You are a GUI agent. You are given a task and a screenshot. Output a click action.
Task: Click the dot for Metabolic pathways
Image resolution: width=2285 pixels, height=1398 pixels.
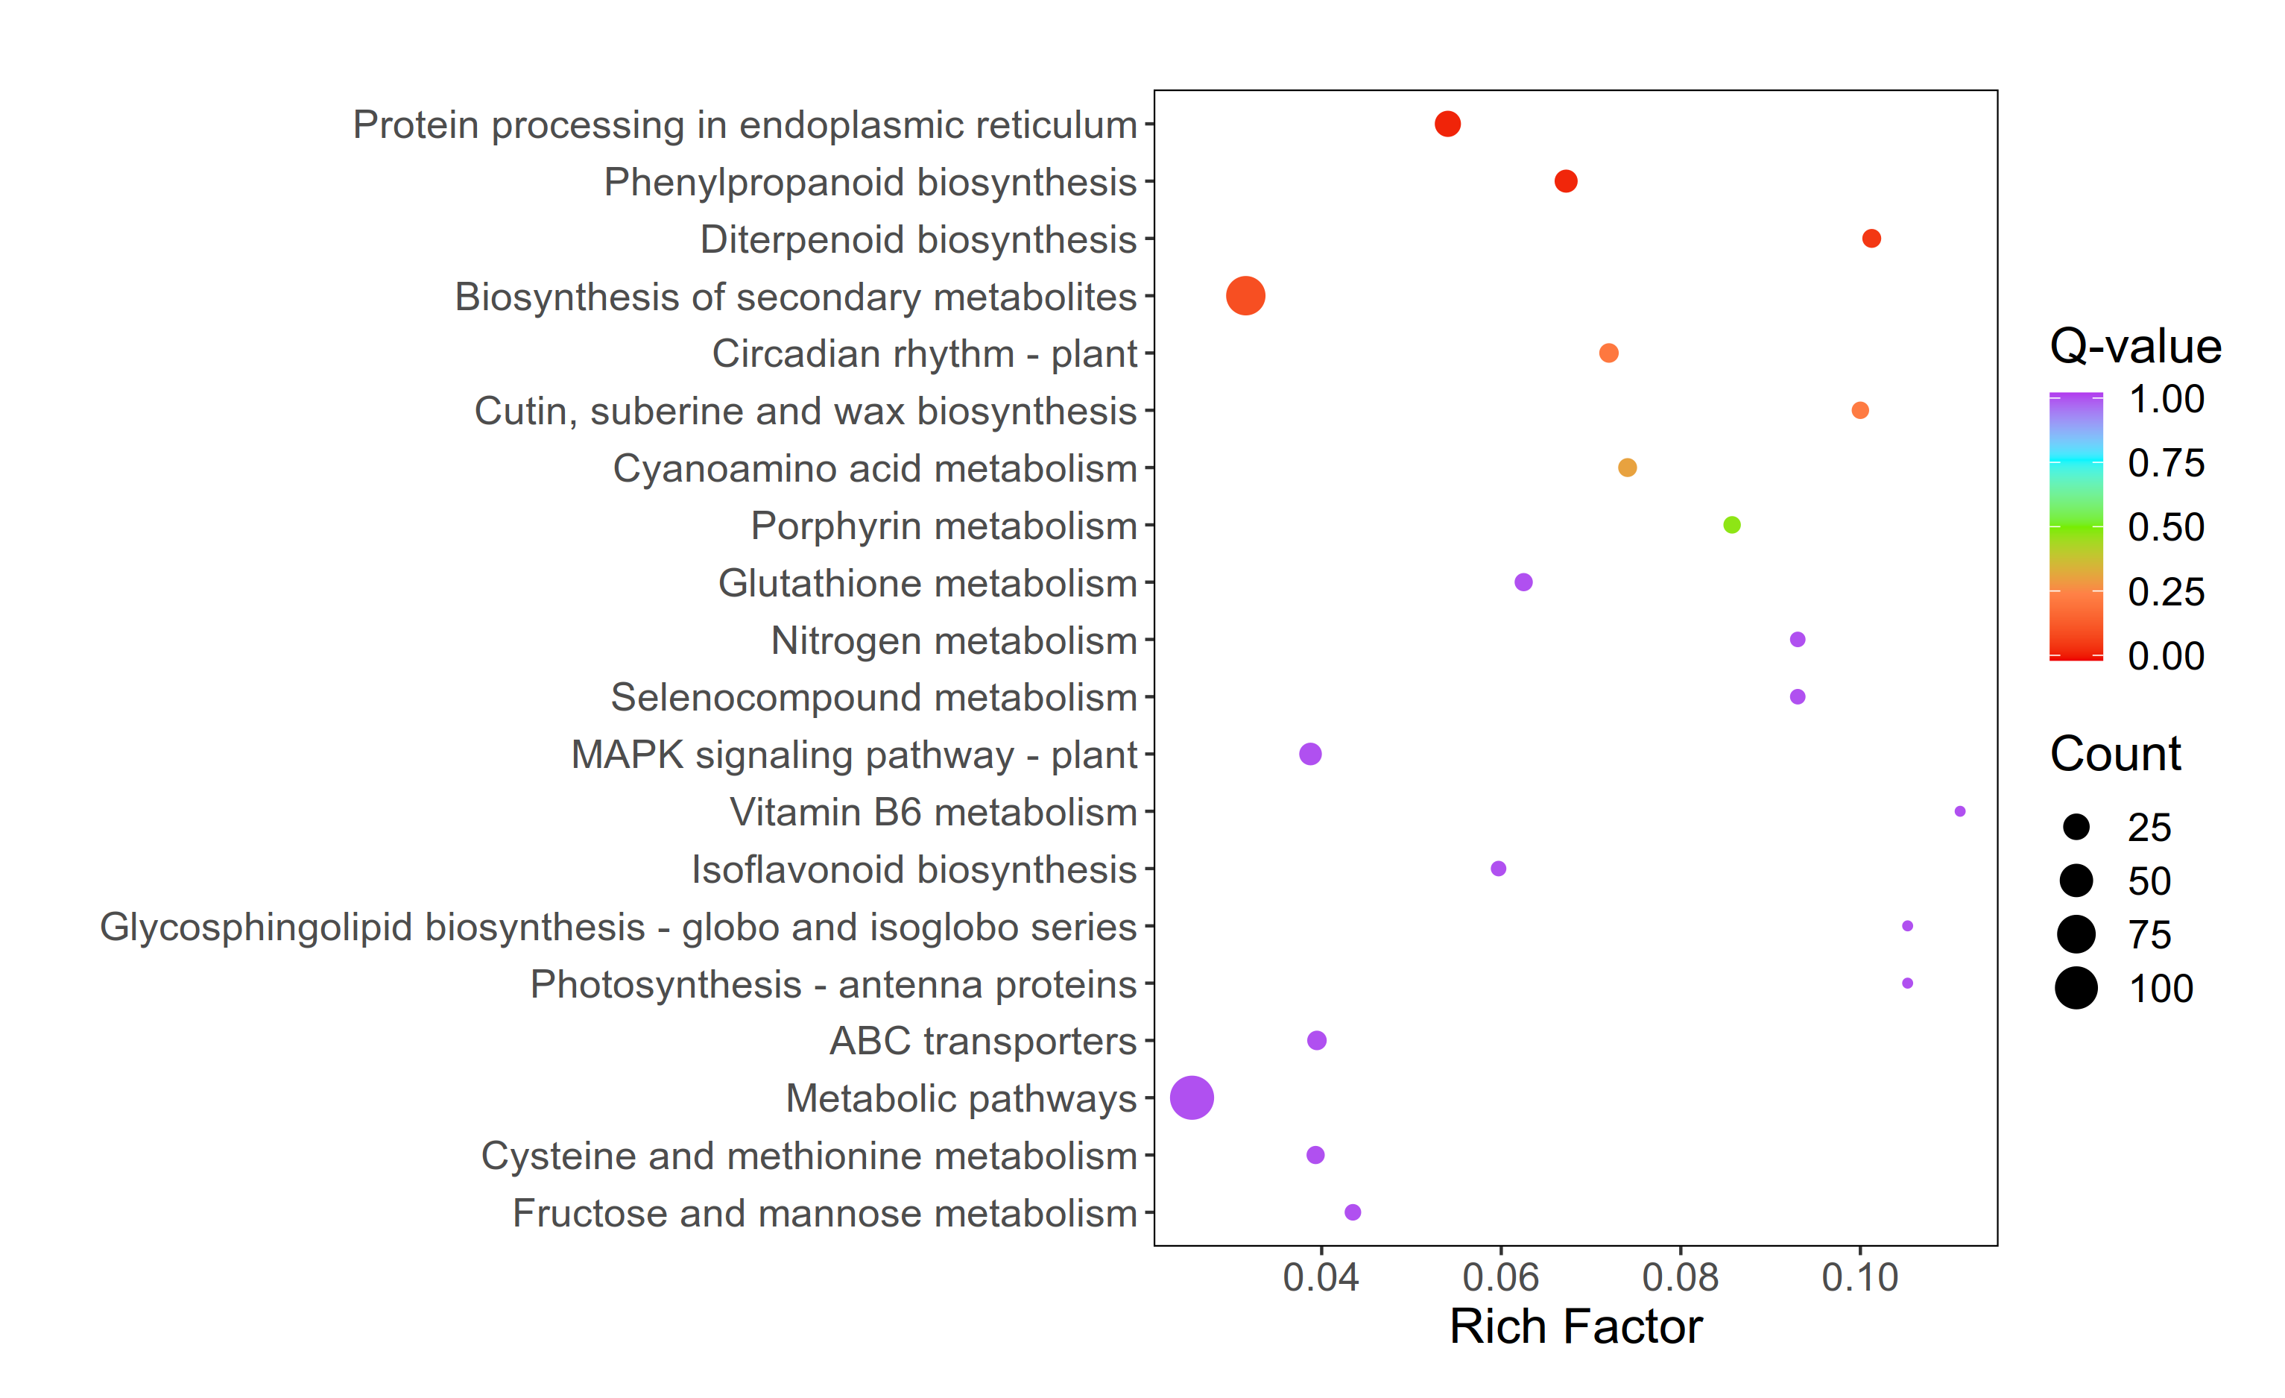1192,1098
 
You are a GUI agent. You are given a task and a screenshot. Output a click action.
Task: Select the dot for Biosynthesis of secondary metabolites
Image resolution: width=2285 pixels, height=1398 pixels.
1245,296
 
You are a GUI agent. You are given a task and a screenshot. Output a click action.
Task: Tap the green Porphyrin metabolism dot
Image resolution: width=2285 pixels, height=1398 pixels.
1731,525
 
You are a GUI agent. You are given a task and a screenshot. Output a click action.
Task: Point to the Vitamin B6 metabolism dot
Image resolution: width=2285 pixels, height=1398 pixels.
1959,812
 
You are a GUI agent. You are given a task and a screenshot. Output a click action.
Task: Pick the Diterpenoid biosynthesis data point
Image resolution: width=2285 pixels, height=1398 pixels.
1871,239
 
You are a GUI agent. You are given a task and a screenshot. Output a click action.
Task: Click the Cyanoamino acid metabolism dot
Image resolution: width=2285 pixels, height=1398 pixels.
1628,467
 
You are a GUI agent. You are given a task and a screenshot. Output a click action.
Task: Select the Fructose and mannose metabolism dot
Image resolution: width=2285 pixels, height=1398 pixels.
1353,1212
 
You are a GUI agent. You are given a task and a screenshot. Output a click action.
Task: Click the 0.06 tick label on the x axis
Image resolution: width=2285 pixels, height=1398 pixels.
1500,1278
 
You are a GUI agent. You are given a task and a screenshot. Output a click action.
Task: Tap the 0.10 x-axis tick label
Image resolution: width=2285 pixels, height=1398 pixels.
1859,1278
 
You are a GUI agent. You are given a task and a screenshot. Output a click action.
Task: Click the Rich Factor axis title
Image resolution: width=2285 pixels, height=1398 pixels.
1576,1326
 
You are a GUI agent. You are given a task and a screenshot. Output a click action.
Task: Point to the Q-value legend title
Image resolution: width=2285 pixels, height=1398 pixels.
2134,347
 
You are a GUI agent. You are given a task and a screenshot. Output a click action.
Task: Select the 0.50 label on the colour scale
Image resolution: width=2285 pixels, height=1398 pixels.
2165,527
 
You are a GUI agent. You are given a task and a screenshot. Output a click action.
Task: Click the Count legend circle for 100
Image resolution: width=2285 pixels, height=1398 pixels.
2076,988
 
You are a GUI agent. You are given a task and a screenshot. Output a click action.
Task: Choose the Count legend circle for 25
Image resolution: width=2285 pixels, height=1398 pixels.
2076,827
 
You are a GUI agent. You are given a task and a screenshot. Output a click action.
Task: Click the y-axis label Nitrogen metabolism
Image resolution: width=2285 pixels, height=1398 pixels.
953,640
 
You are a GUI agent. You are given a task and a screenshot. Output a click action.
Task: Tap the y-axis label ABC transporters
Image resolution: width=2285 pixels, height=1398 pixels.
982,1041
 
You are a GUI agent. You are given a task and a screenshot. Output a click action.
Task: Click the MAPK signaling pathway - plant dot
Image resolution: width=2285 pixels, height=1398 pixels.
1310,755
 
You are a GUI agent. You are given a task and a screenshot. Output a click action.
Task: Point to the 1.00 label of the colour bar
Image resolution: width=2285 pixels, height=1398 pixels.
2165,399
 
